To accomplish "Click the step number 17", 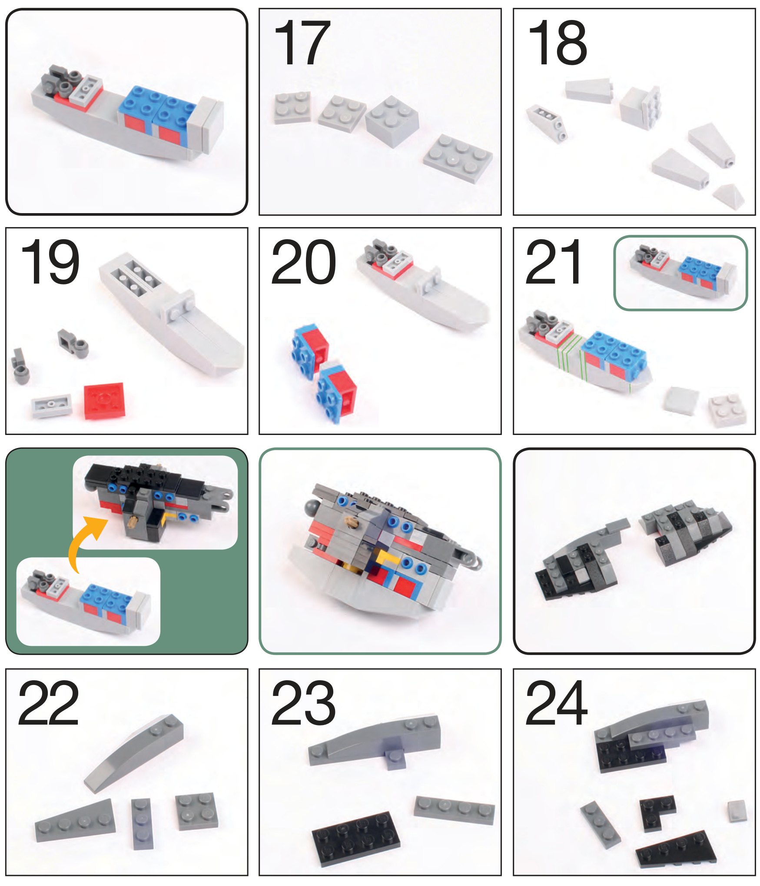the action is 302,43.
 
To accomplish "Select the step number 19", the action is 50,262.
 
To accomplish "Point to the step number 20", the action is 303,262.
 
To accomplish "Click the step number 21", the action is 553,262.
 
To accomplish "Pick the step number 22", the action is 49,703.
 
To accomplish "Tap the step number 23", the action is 303,703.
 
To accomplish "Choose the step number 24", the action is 557,703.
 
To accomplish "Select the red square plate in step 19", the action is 104,401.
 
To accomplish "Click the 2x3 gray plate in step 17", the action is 458,158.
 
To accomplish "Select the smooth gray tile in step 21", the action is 681,400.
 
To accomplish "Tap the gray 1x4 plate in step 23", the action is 454,810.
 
